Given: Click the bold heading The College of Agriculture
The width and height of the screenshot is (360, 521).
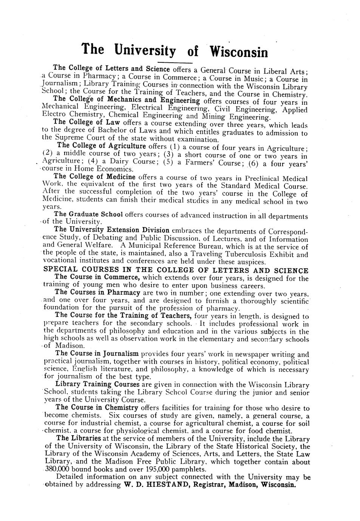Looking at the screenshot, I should pos(102,146).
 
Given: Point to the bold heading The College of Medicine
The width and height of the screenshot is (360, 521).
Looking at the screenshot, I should pos(95,176).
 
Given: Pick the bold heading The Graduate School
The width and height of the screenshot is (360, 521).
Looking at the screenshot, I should pos(89,215).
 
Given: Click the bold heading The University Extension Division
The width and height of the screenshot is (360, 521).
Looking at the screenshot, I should pos(112,230).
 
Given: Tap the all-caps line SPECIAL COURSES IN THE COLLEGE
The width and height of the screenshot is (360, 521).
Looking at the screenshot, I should pos(176,271).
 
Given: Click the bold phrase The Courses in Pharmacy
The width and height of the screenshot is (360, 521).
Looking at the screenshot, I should pos(98,292).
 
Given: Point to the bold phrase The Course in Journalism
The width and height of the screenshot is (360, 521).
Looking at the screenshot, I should pos(97,354).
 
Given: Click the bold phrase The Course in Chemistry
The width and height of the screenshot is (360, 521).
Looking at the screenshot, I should pos(97,408).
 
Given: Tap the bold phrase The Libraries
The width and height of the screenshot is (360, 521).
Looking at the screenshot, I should pos(79,438).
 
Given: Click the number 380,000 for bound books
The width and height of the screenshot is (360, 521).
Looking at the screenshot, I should pos(59,470).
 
